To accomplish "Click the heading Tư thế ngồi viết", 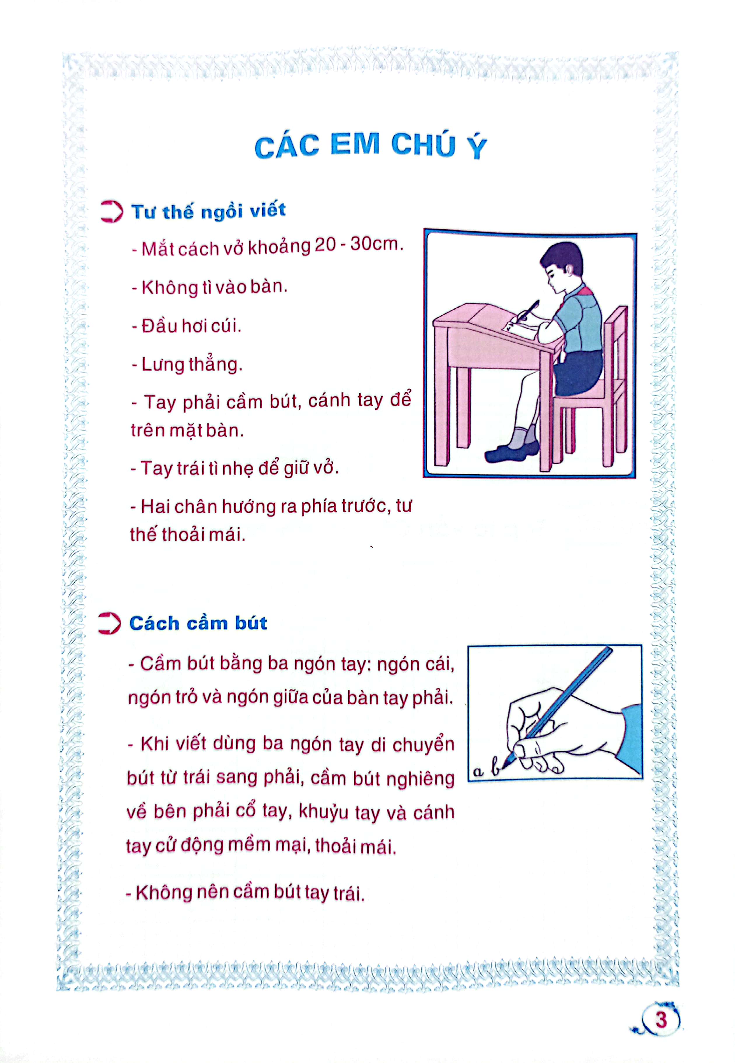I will (x=208, y=211).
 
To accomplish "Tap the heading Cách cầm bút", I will (x=198, y=623).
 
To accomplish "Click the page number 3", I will (x=661, y=1019).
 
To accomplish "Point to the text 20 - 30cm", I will (x=358, y=244).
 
